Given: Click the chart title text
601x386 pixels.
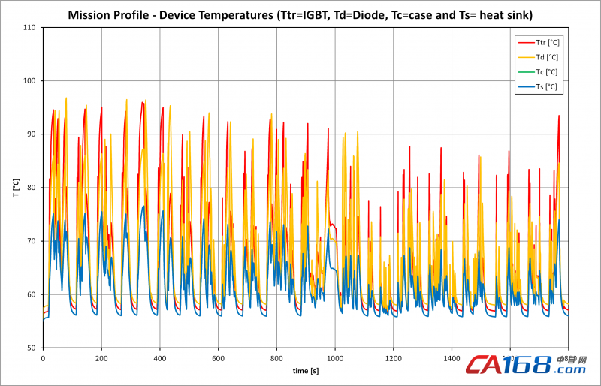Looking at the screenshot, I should point(300,14).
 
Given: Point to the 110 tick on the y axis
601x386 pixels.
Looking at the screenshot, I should point(30,28).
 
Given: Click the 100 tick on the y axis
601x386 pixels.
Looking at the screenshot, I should point(30,81).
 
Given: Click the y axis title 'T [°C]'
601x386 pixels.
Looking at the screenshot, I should point(14,188).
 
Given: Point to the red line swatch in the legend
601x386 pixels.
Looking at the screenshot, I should point(524,42).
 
